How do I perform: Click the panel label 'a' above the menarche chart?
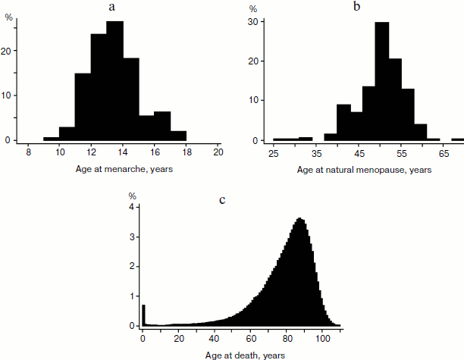pos(112,7)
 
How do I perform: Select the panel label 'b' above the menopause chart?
pos(356,7)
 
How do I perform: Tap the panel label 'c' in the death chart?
pos(221,200)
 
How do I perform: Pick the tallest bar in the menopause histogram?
pos(382,82)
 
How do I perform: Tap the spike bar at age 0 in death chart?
pos(143,315)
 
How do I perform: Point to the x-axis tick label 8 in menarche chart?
pos(28,152)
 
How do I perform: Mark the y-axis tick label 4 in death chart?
pos(132,207)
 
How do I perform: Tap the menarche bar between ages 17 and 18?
pos(178,136)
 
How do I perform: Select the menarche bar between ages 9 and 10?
pos(51,139)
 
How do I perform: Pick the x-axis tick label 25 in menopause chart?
pos(273,155)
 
